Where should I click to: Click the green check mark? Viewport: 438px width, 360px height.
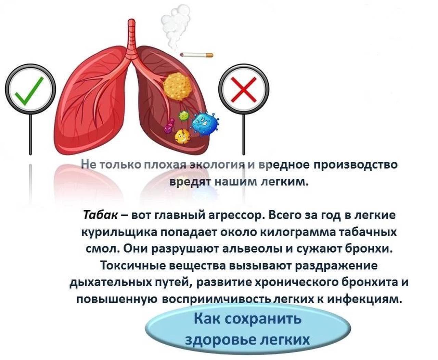pyautogui.click(x=29, y=91)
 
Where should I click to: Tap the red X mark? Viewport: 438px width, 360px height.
pyautogui.click(x=243, y=90)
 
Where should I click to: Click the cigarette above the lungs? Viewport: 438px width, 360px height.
pyautogui.click(x=196, y=55)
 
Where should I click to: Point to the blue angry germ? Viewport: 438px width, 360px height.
pyautogui.click(x=205, y=124)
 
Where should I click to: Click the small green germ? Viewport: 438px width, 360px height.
pyautogui.click(x=183, y=115)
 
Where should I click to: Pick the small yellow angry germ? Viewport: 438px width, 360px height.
pyautogui.click(x=182, y=136)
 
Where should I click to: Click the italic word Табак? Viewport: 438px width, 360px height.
pyautogui.click(x=100, y=215)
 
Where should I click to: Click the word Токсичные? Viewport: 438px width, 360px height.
pyautogui.click(x=133, y=266)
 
